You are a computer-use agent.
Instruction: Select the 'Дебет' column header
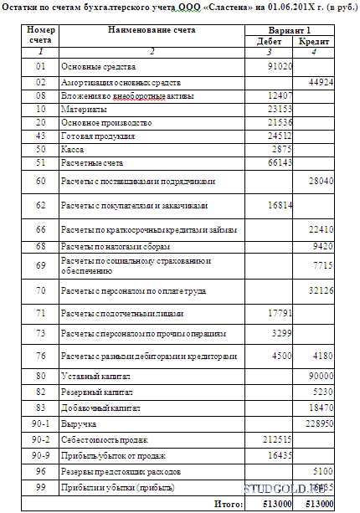click(x=269, y=40)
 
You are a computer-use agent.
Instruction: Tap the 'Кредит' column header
click(x=313, y=40)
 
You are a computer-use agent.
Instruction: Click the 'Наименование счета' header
click(x=152, y=29)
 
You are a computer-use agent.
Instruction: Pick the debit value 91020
click(x=277, y=64)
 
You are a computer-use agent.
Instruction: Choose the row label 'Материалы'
click(x=83, y=109)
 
